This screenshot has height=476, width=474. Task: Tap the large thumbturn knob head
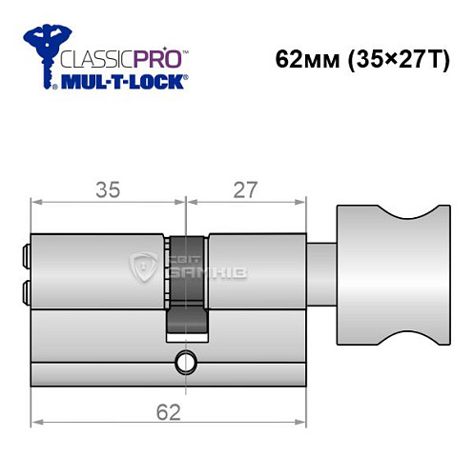tap(391, 276)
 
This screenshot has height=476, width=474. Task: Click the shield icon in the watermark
tap(147, 268)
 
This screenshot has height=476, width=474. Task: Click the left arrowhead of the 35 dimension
tap(35, 202)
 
